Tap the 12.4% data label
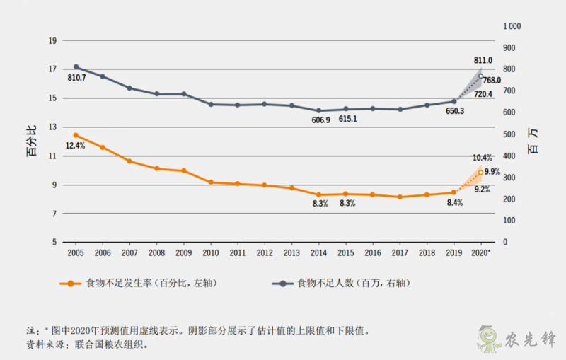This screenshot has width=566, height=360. point(75,146)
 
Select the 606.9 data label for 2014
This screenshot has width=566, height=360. point(320,120)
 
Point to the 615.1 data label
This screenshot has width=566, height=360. point(347,119)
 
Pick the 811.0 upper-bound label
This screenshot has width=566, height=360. point(483,61)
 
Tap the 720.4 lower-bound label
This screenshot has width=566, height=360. point(483,94)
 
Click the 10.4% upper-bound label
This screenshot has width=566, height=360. point(483,158)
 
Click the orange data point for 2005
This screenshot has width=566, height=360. point(76,135)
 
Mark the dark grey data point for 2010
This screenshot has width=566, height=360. point(211,104)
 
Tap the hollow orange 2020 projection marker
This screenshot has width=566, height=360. point(481,173)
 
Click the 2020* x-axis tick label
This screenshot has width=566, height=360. point(481,252)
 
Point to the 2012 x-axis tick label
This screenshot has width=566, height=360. point(264,252)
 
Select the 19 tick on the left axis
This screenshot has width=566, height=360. point(52,40)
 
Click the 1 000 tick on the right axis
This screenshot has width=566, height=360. point(512,25)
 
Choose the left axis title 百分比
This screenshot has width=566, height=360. point(33,142)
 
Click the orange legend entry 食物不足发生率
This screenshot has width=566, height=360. point(137,283)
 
